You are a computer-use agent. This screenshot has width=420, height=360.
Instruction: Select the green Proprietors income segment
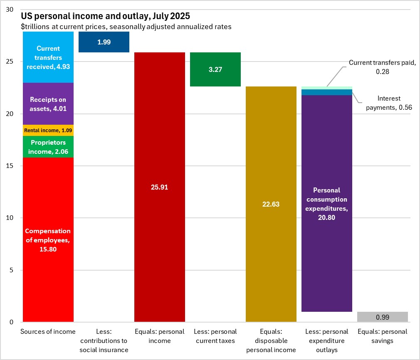point(48,147)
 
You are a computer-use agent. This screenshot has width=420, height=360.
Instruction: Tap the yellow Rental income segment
point(48,130)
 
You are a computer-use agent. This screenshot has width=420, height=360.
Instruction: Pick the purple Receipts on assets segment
point(48,104)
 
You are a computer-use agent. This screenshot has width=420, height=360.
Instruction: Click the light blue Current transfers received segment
point(48,57)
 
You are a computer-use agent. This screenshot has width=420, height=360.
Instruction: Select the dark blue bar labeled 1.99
point(104,42)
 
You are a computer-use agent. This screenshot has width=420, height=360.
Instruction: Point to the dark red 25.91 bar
point(160,187)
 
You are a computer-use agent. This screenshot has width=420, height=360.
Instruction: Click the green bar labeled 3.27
point(215,69)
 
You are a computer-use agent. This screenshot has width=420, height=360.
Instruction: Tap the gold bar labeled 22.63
point(271,204)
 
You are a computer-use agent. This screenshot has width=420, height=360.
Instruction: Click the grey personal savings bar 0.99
point(383,317)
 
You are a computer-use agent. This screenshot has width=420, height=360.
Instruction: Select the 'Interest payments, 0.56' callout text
point(389,103)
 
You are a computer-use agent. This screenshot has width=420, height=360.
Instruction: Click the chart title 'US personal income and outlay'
point(106,17)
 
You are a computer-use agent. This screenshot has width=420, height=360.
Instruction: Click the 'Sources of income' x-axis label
point(48,331)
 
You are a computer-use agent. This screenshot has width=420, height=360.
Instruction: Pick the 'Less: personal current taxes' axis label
point(215,336)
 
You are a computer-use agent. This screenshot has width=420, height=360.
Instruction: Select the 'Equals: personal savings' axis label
point(383,336)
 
